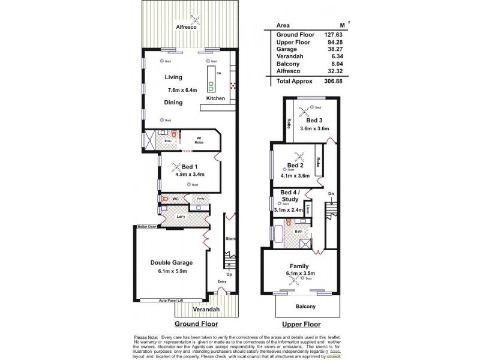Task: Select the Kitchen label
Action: (x=215, y=98)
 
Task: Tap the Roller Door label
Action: (x=146, y=227)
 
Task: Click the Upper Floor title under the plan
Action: (x=299, y=323)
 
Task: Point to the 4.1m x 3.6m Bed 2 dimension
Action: (x=294, y=176)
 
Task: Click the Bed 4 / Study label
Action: (x=286, y=197)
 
